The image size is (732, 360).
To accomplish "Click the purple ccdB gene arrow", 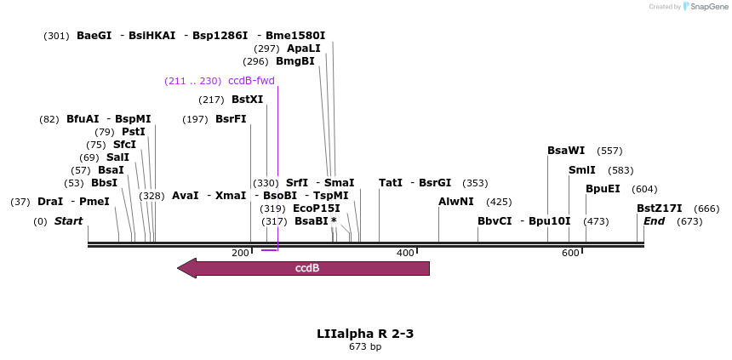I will pyautogui.click(x=306, y=268).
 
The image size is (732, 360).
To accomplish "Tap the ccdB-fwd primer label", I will pyautogui.click(x=251, y=81).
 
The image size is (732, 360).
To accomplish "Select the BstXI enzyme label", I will pyautogui.click(x=247, y=100).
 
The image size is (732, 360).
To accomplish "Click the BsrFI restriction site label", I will pyautogui.click(x=231, y=118).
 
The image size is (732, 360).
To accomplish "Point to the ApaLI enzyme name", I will pyautogui.click(x=303, y=49).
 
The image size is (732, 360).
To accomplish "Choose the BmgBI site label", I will pyautogui.click(x=295, y=61).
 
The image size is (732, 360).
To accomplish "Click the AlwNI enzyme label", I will pyautogui.click(x=456, y=202).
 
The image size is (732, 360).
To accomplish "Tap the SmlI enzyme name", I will pyautogui.click(x=581, y=170).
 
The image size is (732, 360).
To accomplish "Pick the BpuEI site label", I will pyautogui.click(x=603, y=189).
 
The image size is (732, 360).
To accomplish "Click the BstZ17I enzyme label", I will pyautogui.click(x=660, y=209).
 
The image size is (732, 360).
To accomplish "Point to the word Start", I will pyautogui.click(x=68, y=221).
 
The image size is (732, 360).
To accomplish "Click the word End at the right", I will pyautogui.click(x=654, y=221).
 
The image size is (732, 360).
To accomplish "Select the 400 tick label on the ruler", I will pyautogui.click(x=405, y=253).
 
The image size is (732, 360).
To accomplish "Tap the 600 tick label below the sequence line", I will pyautogui.click(x=570, y=253).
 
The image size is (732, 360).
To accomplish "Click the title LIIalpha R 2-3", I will pyautogui.click(x=365, y=333).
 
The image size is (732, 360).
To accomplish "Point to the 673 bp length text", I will pyautogui.click(x=365, y=346).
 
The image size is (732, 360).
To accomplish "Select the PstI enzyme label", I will pyautogui.click(x=133, y=132).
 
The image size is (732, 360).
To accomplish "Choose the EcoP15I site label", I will pyautogui.click(x=316, y=208).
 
